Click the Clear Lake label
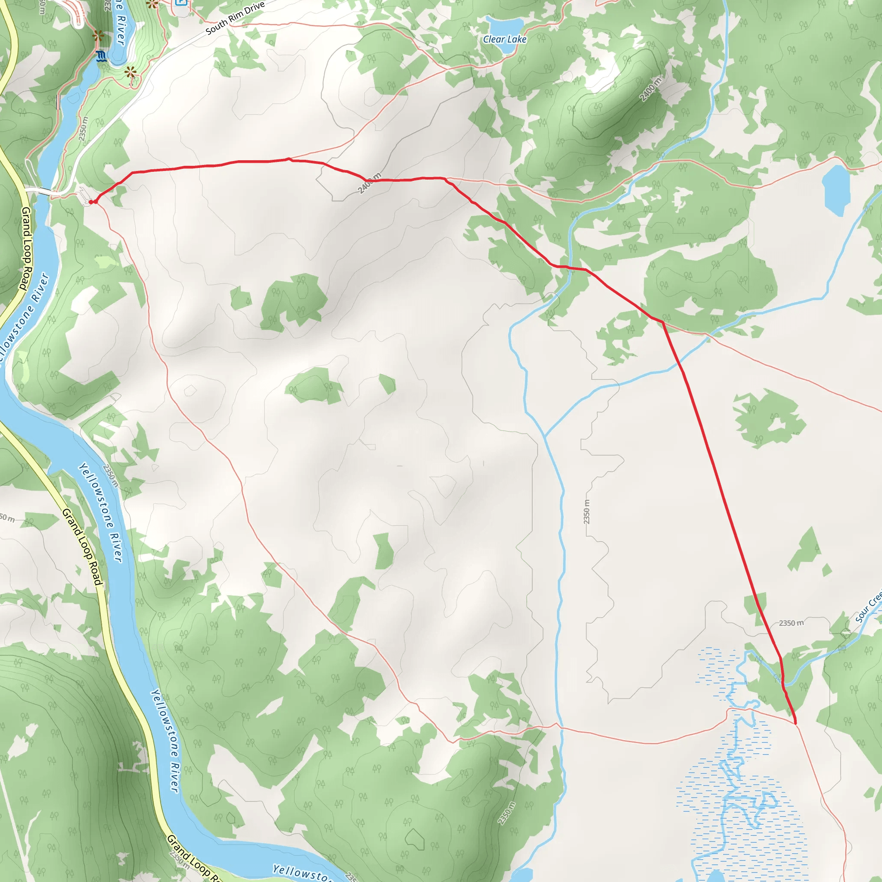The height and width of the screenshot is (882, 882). (x=504, y=39)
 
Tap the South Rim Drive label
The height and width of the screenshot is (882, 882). (x=235, y=18)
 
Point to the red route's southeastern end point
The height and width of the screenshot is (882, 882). (x=795, y=723)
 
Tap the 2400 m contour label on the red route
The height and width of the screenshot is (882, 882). (x=370, y=183)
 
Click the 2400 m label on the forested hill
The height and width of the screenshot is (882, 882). (x=650, y=90)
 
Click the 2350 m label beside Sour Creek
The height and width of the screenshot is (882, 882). (x=791, y=623)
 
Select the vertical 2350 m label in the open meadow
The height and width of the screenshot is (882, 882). (x=587, y=512)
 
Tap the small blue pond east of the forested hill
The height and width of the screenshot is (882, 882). (x=836, y=190)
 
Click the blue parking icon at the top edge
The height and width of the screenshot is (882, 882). (x=181, y=2)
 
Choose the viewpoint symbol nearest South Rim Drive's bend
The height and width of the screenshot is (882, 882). (x=131, y=72)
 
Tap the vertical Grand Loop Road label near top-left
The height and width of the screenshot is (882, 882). (x=26, y=248)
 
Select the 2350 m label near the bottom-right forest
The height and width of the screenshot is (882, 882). (x=507, y=813)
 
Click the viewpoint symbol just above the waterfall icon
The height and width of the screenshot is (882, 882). (x=98, y=36)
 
